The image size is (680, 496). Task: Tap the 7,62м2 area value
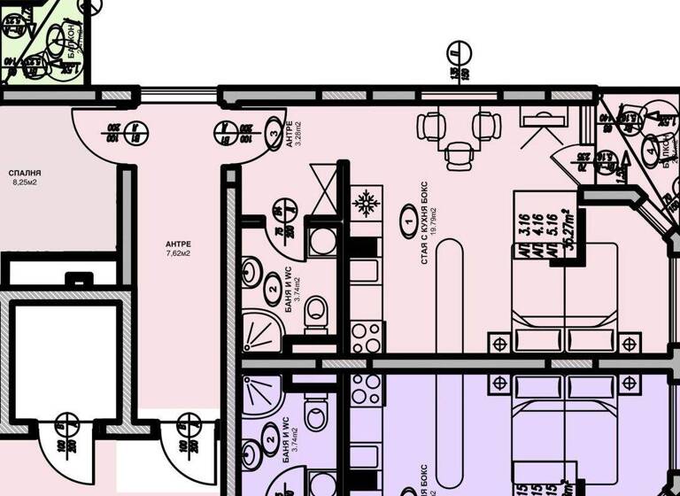pyautogui.click(x=178, y=252)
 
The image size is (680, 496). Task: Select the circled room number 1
pyautogui.click(x=408, y=214)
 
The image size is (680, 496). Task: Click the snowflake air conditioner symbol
pyautogui.click(x=364, y=204)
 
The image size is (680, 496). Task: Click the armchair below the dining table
pyautogui.click(x=458, y=156)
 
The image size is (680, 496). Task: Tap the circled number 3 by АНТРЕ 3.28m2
pyautogui.click(x=271, y=135)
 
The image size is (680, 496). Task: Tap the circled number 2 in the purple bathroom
pyautogui.click(x=272, y=435)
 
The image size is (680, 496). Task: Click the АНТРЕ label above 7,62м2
pyautogui.click(x=178, y=243)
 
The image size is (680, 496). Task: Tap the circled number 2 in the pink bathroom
pyautogui.click(x=272, y=288)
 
